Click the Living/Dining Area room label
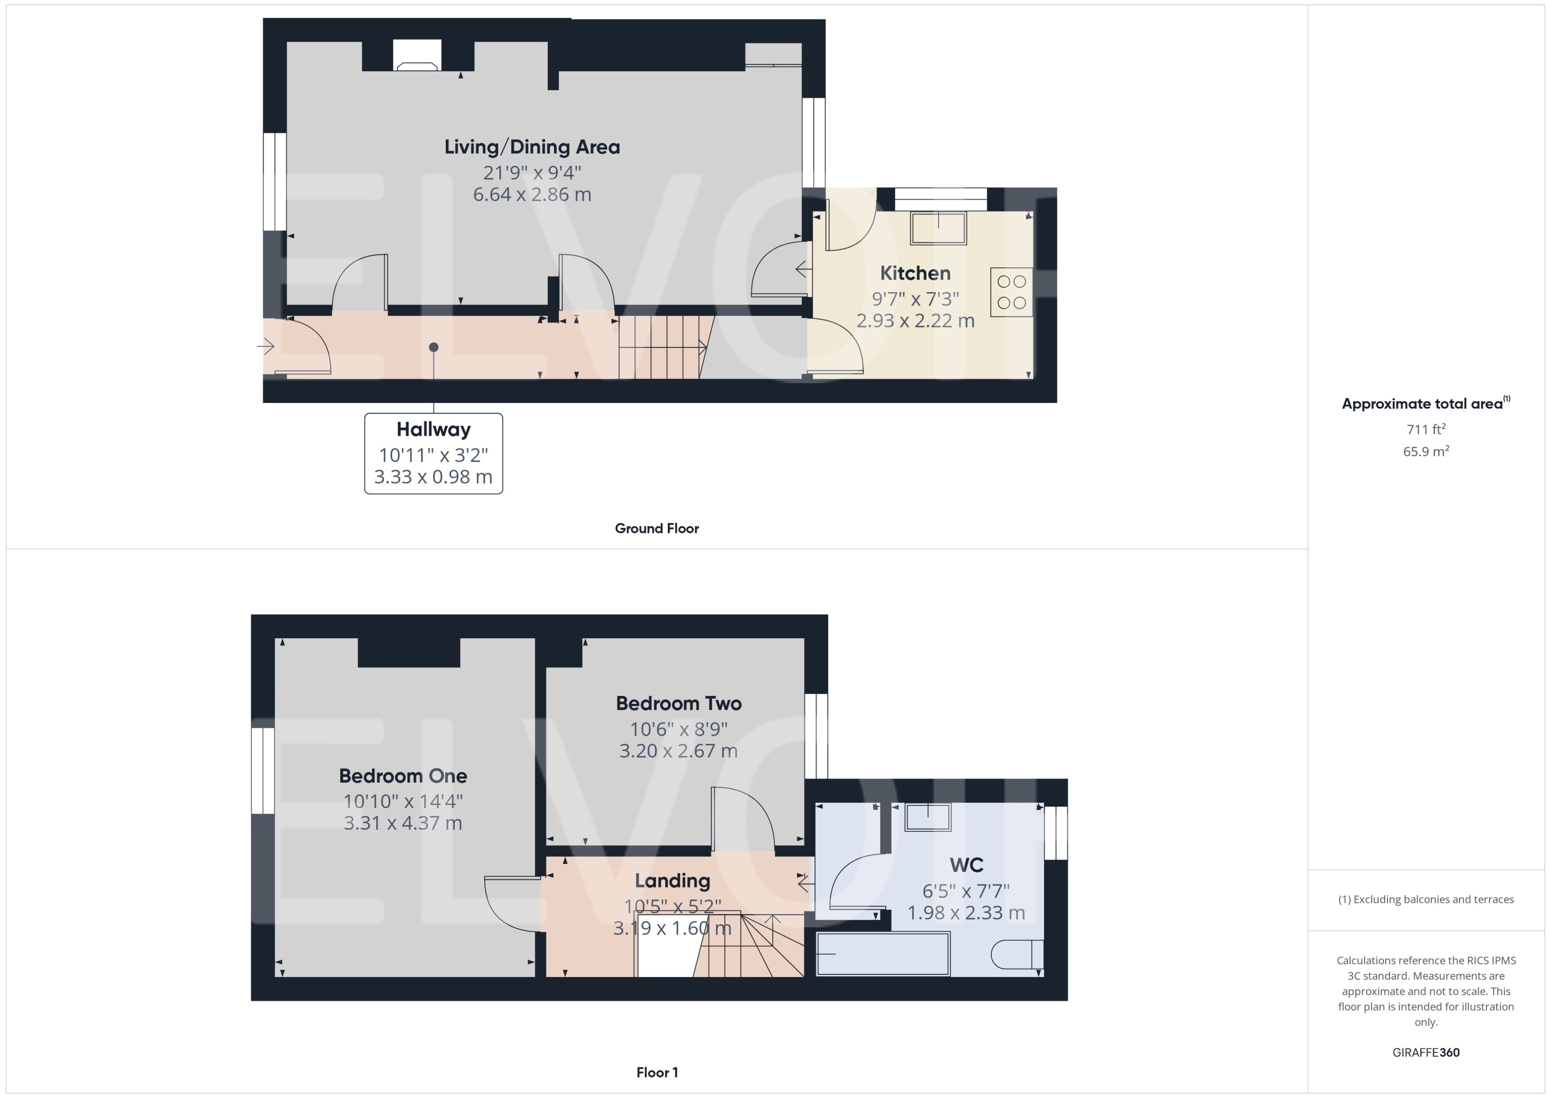[x=532, y=147]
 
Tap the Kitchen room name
[x=915, y=273]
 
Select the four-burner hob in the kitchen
[x=1011, y=292]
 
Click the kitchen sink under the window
[x=938, y=228]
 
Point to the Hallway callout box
[x=433, y=453]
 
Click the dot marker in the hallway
[x=434, y=347]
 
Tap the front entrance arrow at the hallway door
[x=265, y=347]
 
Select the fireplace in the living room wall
[x=417, y=57]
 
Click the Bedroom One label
[x=403, y=775]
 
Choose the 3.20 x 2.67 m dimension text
[x=678, y=750]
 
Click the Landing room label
[x=672, y=880]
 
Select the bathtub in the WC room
[x=883, y=953]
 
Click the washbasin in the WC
[x=928, y=817]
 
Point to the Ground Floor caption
[x=656, y=528]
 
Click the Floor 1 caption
[x=657, y=1072]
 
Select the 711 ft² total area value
[x=1425, y=430]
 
